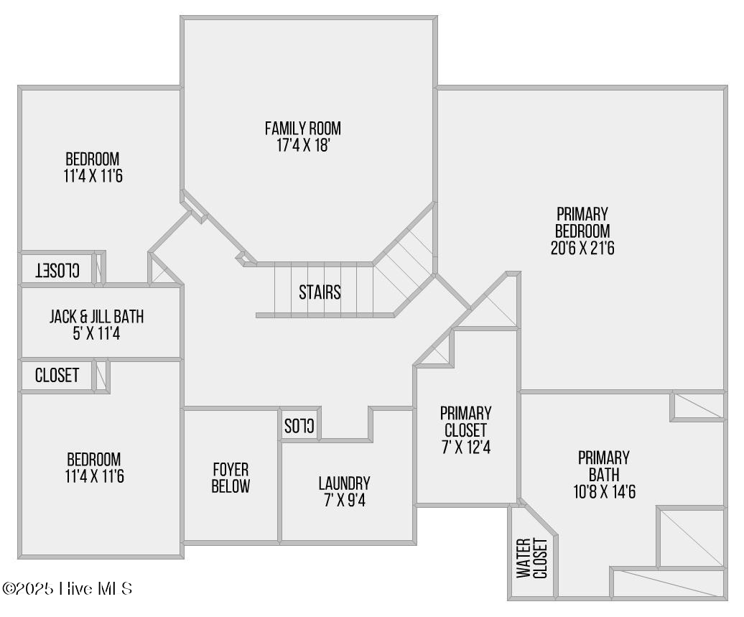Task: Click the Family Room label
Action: click(x=302, y=129)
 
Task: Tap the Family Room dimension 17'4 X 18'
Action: click(x=302, y=145)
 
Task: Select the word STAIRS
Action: click(x=320, y=293)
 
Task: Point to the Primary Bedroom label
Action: click(x=582, y=223)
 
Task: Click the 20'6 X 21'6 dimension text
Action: click(x=582, y=249)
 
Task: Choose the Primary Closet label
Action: click(x=465, y=422)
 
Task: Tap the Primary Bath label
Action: click(x=603, y=466)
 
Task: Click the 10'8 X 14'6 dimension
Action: click(x=603, y=492)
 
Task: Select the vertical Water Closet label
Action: click(x=532, y=558)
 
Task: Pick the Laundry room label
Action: click(x=344, y=483)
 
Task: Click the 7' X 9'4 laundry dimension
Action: click(x=344, y=500)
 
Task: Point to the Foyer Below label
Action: click(x=231, y=478)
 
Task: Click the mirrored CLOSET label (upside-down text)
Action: click(x=57, y=270)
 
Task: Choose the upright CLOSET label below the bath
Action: click(x=57, y=376)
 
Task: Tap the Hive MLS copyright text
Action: click(x=68, y=589)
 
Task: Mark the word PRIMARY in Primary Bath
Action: click(x=603, y=458)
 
